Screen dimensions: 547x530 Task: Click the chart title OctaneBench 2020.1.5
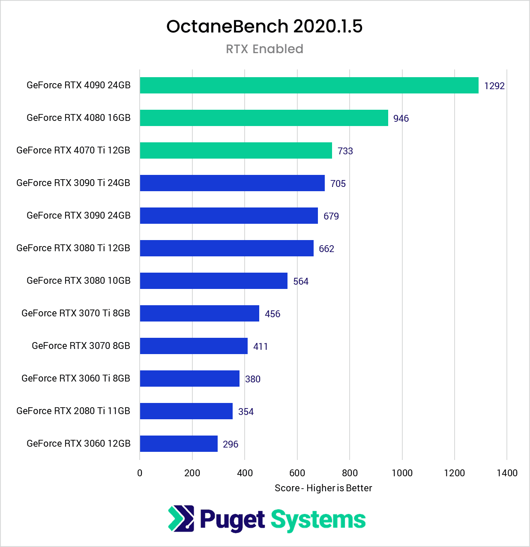coord(264,27)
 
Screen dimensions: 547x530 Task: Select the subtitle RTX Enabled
coord(264,49)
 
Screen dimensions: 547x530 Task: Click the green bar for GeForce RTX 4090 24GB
coord(309,85)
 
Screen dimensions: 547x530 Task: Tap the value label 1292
coord(494,86)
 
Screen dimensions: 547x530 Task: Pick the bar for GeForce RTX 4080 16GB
coord(264,118)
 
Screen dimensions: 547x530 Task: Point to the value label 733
coord(345,151)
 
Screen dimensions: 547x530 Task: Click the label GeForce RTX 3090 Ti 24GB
coord(73,183)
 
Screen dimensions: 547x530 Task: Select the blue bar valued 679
coord(229,216)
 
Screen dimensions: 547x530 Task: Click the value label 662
coord(326,249)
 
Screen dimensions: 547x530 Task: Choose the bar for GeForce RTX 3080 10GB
coord(213,281)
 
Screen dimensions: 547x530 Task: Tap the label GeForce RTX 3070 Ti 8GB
coord(76,313)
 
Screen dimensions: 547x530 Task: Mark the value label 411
coord(260,346)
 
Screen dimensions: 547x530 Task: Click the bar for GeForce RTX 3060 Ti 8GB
coord(189,379)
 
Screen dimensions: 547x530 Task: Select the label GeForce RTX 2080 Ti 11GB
coord(73,411)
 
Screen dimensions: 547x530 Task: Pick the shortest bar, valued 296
coord(179,444)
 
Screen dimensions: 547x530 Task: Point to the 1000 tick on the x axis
coord(402,473)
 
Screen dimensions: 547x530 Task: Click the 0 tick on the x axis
coord(140,473)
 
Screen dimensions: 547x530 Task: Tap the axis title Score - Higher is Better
coord(323,488)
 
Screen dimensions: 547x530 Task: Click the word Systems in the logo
coord(318,520)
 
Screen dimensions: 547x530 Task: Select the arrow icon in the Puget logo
coord(181,519)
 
